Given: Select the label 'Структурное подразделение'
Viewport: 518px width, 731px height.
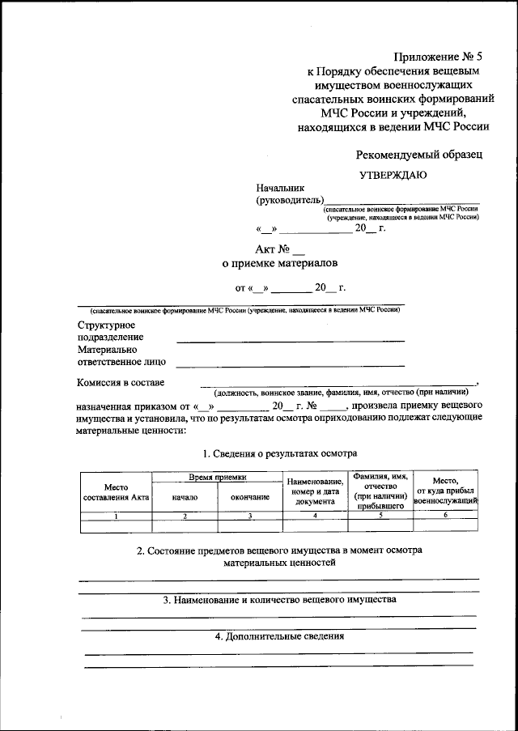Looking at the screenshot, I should tap(111, 331).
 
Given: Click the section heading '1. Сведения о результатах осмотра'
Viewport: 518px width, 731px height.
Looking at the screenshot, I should tap(280, 453).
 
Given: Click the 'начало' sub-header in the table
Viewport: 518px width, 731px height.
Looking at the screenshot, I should tap(185, 496).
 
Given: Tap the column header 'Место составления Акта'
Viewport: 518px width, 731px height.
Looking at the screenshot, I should tap(116, 491).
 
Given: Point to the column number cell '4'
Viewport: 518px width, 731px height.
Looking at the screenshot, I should tap(315, 516).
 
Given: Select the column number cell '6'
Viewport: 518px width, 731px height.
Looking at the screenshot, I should tap(446, 516).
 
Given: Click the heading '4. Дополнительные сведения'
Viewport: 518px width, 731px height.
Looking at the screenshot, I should tap(280, 636).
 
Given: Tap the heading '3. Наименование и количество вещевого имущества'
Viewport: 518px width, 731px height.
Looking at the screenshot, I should tap(279, 601).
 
